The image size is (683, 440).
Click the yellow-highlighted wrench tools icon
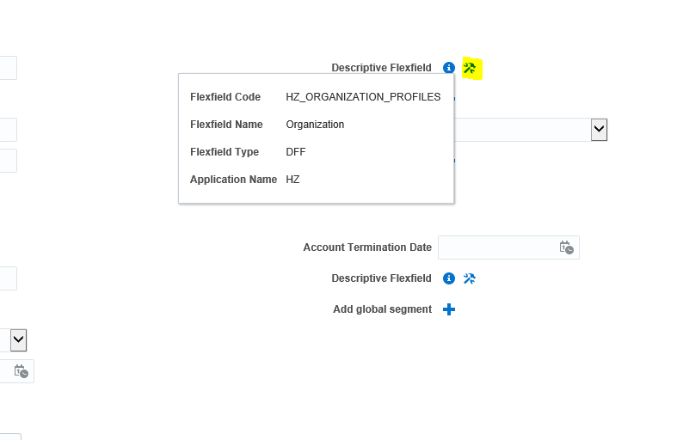click(x=471, y=68)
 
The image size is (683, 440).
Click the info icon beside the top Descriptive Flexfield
click(x=448, y=68)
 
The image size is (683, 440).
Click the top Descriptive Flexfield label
click(x=381, y=68)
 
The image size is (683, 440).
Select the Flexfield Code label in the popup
click(x=225, y=97)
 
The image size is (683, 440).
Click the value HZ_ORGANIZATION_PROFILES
click(x=363, y=97)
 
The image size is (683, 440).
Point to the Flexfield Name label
click(x=226, y=125)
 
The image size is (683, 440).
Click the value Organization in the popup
click(x=315, y=125)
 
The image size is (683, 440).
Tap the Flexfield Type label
click(x=225, y=152)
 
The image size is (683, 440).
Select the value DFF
click(x=296, y=152)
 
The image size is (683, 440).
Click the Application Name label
click(x=233, y=180)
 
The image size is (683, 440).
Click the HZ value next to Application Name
click(x=292, y=180)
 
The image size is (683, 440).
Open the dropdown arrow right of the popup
click(x=599, y=130)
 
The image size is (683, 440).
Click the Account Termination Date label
click(x=367, y=247)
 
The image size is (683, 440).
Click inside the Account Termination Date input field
click(x=495, y=247)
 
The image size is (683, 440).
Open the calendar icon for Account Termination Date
click(x=566, y=247)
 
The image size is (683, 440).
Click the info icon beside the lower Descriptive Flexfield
click(x=448, y=278)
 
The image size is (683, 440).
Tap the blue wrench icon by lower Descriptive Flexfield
click(x=470, y=278)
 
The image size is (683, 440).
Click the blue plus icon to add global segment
click(x=448, y=309)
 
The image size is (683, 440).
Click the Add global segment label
click(x=382, y=309)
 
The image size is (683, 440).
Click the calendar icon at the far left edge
click(x=21, y=371)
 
